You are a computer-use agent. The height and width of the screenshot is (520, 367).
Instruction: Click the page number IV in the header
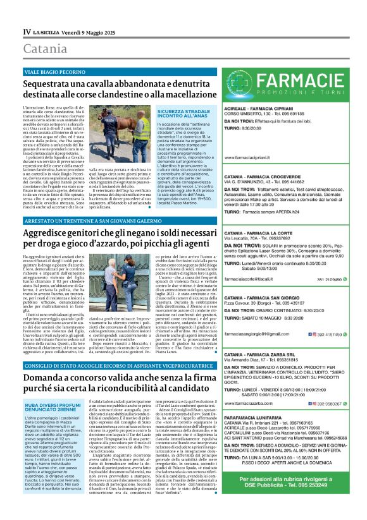coord(27,31)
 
